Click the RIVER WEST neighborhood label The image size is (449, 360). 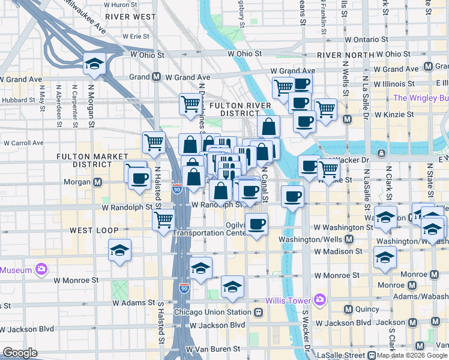point(130,17)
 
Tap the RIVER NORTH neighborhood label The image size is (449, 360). point(341,55)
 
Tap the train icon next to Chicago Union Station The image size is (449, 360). point(259,313)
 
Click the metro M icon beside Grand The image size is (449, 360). point(156,77)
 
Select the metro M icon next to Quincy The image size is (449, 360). point(348,310)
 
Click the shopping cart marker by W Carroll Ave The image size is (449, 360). point(154,142)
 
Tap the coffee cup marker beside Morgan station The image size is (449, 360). point(139,178)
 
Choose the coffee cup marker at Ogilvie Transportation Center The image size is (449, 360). point(257,224)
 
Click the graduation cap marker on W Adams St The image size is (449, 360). point(232,287)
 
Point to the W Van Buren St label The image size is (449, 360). point(212,349)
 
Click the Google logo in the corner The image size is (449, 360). point(20,353)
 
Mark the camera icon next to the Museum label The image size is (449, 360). point(41,269)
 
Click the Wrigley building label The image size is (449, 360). point(421,98)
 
